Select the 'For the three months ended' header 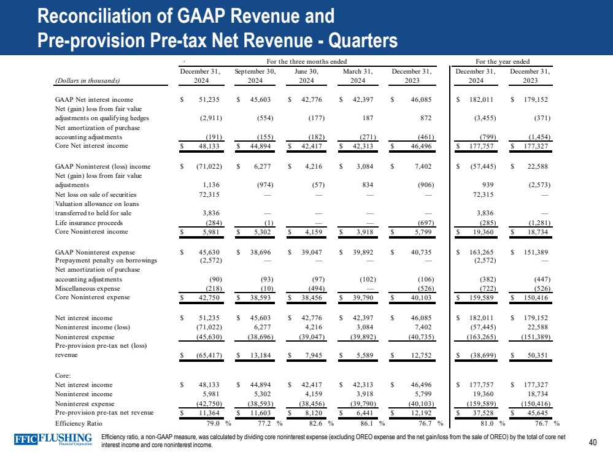coord(307,61)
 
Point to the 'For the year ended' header coord(503,61)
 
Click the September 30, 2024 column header coord(255,75)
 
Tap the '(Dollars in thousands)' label coord(87,80)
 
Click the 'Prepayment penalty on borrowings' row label coord(106,260)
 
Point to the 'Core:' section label coord(63,375)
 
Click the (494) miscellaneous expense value coord(314,289)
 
